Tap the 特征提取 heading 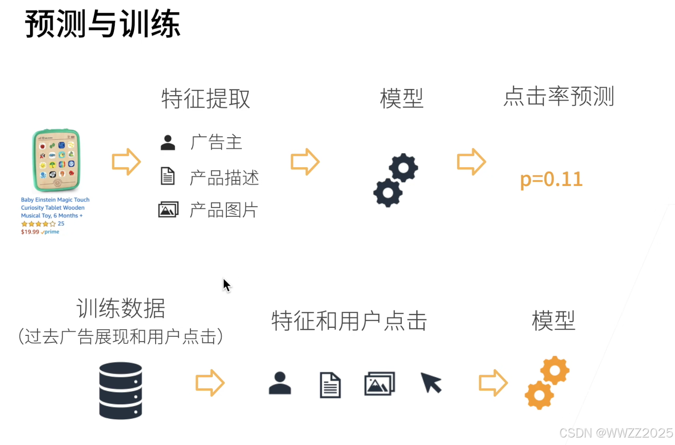[205, 98]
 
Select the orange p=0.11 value [551, 179]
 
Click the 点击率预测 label [558, 96]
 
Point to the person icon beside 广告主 [167, 142]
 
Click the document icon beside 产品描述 [167, 176]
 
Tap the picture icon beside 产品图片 [168, 209]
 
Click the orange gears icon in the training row [547, 383]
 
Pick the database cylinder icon [120, 390]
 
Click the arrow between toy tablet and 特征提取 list [126, 162]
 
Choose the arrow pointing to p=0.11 [471, 162]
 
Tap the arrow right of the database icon [210, 383]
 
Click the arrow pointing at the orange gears [493, 383]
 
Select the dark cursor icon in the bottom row [431, 383]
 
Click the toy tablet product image [56, 160]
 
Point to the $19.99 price [30, 232]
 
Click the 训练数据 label [120, 309]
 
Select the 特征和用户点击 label [349, 321]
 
